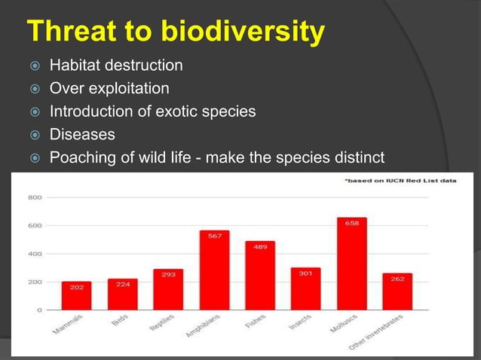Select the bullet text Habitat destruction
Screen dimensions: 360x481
click(115, 66)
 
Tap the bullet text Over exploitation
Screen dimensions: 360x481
click(109, 89)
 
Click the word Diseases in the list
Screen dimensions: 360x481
click(82, 135)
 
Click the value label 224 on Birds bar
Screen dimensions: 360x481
click(122, 285)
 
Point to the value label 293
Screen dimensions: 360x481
click(168, 275)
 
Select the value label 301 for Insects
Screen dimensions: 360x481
click(305, 273)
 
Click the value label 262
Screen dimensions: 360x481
click(397, 279)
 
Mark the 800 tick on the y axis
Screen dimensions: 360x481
click(35, 197)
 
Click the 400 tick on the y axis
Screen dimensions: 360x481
click(35, 254)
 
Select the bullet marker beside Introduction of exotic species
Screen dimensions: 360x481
click(33, 112)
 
